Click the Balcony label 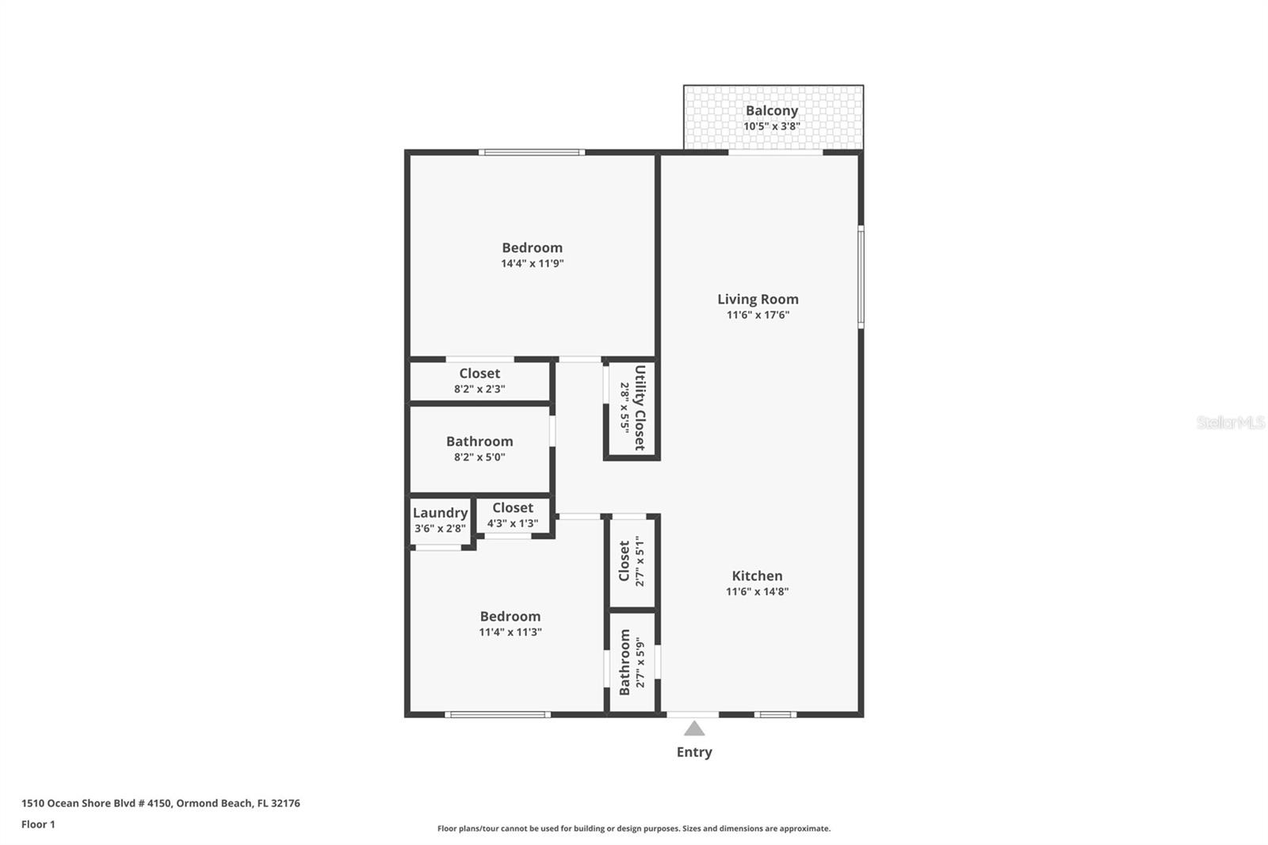click(771, 111)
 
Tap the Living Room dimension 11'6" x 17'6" click(758, 315)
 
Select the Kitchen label click(757, 575)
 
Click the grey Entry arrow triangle click(694, 728)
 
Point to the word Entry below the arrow click(694, 752)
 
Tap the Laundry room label click(440, 513)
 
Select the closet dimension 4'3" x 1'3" click(512, 523)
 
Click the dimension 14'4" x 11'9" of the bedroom click(532, 263)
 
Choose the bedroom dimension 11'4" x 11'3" click(510, 632)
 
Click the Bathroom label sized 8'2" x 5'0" click(479, 442)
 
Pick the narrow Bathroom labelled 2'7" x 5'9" click(624, 663)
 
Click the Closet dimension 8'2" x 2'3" click(479, 388)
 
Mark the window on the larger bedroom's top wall click(532, 152)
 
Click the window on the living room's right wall click(861, 277)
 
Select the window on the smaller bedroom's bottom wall click(497, 714)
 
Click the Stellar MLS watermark click(1230, 422)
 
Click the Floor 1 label click(38, 824)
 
